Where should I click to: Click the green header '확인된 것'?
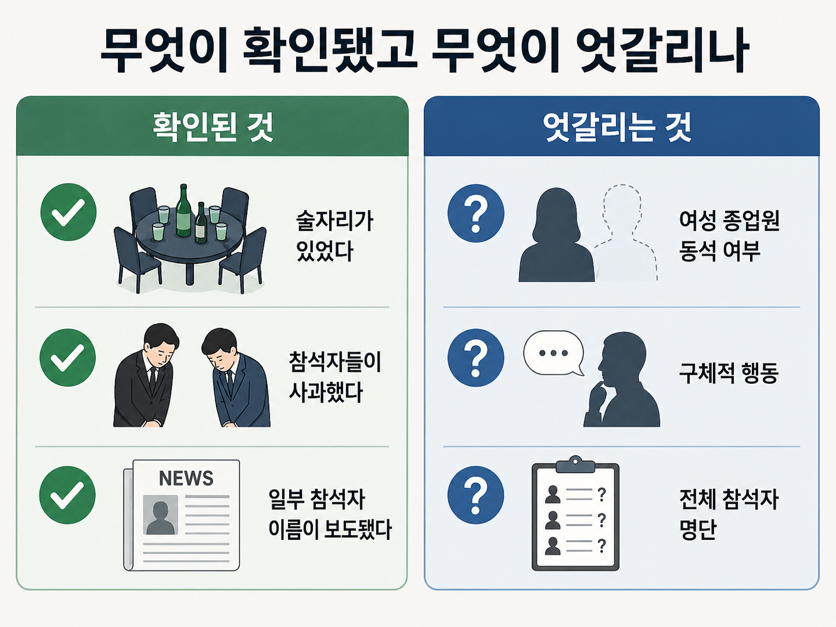coord(212,127)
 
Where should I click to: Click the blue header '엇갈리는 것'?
coord(617,127)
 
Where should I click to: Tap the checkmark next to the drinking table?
coord(68,212)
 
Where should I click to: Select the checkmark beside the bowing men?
coord(68,357)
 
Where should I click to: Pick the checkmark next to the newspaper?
coord(68,495)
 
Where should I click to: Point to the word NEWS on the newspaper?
coord(186,478)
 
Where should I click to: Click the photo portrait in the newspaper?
coord(161,514)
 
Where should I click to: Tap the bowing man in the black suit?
coord(146,375)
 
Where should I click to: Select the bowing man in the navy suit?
coord(236,378)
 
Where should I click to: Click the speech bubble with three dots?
coord(554,353)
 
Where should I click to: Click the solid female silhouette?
coord(557,235)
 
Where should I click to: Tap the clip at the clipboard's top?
coord(576,464)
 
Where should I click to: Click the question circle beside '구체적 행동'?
coord(476,358)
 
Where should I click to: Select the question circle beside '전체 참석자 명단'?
coord(476,495)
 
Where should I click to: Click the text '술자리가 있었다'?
coord(335,236)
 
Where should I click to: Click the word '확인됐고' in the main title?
coord(330,50)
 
